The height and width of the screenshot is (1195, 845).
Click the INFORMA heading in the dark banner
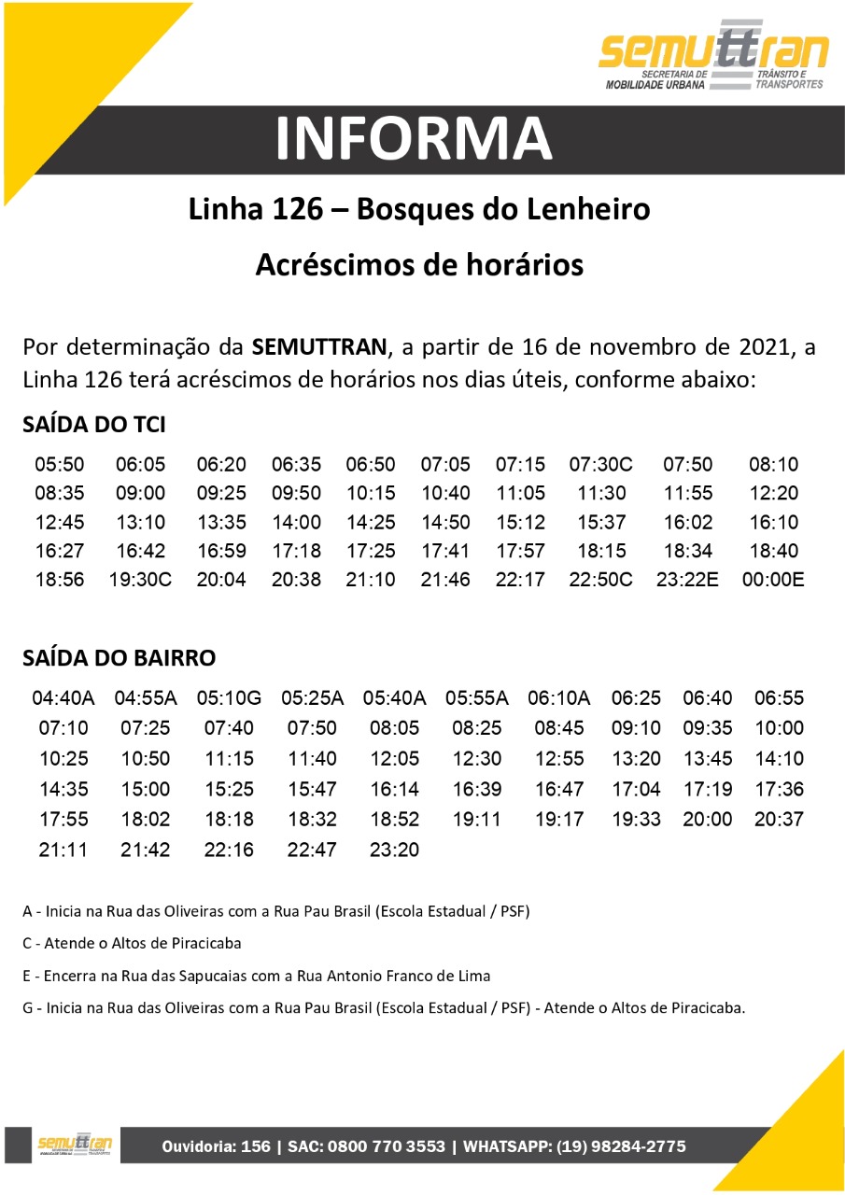click(414, 139)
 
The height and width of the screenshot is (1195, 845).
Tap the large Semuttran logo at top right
click(713, 56)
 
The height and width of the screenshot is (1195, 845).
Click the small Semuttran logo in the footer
click(76, 1145)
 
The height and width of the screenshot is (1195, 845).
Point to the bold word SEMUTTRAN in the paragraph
click(318, 348)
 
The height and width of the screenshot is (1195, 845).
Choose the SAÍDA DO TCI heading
click(94, 425)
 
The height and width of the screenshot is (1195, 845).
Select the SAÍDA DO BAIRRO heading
click(119, 658)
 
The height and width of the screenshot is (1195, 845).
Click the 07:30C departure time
click(600, 465)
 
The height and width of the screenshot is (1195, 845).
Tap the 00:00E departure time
click(772, 580)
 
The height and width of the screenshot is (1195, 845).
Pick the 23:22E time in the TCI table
click(686, 580)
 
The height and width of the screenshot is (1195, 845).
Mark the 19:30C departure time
click(140, 580)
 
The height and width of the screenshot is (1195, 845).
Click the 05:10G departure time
click(229, 698)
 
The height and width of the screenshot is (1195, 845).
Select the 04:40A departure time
click(63, 698)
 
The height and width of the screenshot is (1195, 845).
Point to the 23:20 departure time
click(394, 851)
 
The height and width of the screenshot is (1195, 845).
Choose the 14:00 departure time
click(296, 523)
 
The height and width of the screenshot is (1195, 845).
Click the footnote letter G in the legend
click(27, 1008)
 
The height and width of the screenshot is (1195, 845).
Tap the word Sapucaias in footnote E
click(192, 976)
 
